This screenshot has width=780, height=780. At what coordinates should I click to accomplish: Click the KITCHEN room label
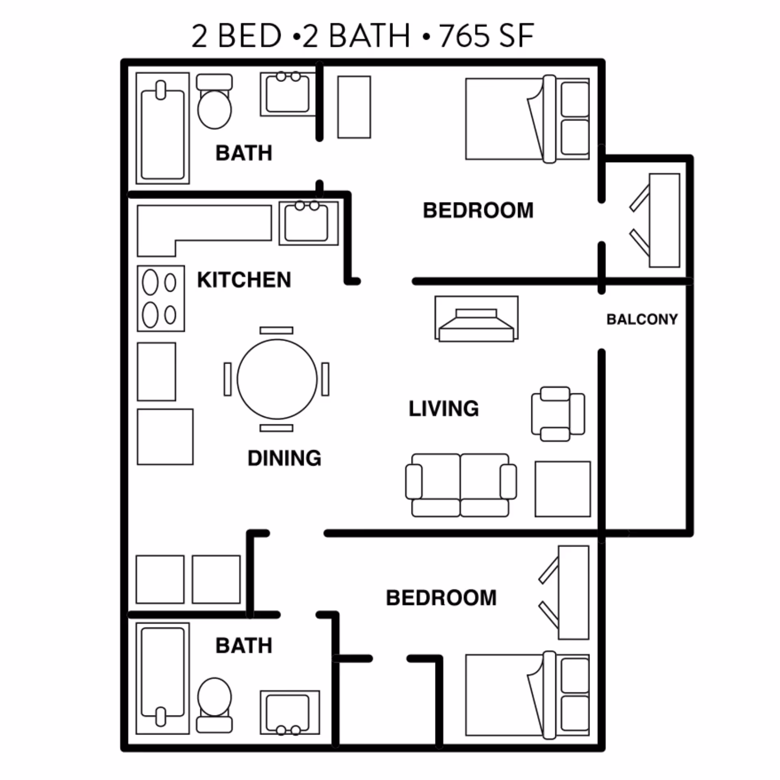[244, 280]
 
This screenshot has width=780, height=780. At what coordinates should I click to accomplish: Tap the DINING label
[284, 458]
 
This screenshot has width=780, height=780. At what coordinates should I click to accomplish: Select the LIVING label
[444, 408]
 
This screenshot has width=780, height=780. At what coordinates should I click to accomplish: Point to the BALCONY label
[642, 319]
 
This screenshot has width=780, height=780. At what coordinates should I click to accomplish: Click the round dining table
[277, 379]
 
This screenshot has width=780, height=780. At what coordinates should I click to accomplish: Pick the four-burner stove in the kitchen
[161, 299]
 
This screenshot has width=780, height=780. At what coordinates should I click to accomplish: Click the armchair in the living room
[558, 414]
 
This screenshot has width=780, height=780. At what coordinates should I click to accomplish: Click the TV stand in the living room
[476, 318]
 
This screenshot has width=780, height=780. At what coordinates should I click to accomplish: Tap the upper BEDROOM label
[478, 210]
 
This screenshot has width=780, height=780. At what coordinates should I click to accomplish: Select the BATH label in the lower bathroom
[244, 646]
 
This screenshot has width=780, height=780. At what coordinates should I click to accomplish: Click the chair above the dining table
[276, 330]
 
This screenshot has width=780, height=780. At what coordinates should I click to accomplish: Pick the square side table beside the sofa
[562, 489]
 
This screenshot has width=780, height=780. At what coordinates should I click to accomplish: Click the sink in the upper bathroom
[288, 95]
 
